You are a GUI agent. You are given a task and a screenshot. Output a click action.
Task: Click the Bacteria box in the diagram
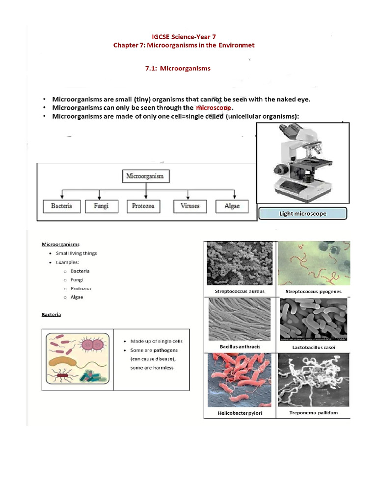pyautogui.click(x=61, y=206)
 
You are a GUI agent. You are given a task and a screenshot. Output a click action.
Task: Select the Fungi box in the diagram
pyautogui.click(x=100, y=206)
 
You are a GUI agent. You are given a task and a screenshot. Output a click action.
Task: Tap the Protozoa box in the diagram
pyautogui.click(x=143, y=206)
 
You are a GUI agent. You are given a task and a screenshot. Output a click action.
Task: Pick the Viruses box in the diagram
pyautogui.click(x=189, y=206)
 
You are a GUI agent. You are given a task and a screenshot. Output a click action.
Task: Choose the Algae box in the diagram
pyautogui.click(x=232, y=206)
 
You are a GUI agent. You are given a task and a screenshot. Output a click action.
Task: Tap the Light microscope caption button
pyautogui.click(x=302, y=214)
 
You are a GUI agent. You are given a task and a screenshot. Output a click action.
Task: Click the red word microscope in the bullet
pyautogui.click(x=214, y=107)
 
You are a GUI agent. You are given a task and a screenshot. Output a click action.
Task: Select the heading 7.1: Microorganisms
pyautogui.click(x=178, y=69)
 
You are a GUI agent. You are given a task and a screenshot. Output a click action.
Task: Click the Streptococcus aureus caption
pyautogui.click(x=240, y=291)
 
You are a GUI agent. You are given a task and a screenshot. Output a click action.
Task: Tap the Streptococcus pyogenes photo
pyautogui.click(x=314, y=263)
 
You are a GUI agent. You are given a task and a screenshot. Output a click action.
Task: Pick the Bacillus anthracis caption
pyautogui.click(x=240, y=347)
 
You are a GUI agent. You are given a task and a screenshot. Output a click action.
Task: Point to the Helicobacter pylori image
pyautogui.click(x=240, y=380)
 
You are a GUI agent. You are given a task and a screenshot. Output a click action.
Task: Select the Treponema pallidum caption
pyautogui.click(x=314, y=413)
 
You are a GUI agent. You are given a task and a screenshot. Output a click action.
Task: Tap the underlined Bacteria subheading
pyautogui.click(x=51, y=314)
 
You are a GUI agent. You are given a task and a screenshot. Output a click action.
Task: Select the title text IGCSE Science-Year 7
pyautogui.click(x=184, y=37)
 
